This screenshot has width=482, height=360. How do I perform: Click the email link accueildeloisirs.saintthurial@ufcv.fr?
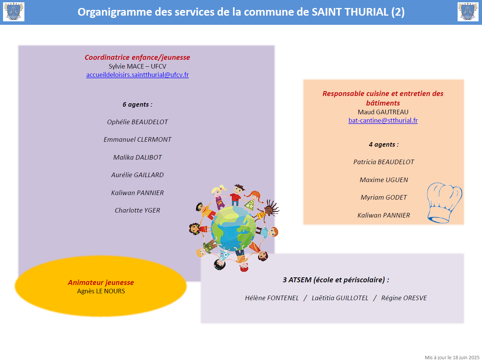click(x=137, y=75)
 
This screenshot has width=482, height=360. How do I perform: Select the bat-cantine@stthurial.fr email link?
click(x=383, y=120)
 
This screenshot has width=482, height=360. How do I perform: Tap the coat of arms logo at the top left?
click(x=14, y=12)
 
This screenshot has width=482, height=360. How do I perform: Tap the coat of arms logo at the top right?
click(x=468, y=12)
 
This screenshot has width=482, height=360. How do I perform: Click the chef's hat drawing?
click(x=444, y=203)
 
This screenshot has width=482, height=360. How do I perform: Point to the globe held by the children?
click(x=233, y=228)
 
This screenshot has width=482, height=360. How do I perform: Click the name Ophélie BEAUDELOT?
click(x=137, y=122)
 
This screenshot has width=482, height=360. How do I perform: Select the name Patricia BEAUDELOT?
click(x=384, y=162)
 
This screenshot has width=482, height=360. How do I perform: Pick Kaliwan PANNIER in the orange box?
click(x=384, y=215)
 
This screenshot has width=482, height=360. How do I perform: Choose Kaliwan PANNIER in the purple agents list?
click(x=137, y=193)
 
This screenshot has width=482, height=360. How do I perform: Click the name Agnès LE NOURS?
click(x=101, y=291)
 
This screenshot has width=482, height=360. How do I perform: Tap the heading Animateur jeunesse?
click(x=101, y=283)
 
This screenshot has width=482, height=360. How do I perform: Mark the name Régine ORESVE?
click(x=404, y=298)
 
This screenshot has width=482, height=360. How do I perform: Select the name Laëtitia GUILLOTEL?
click(x=340, y=298)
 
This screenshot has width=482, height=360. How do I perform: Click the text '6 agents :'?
click(x=137, y=104)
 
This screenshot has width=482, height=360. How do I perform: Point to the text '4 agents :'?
click(x=384, y=144)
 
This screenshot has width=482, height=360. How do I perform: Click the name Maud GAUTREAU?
click(x=383, y=112)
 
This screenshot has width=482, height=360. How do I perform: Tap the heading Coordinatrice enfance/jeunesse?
click(x=137, y=58)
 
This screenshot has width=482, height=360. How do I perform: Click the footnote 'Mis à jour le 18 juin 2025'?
click(x=452, y=357)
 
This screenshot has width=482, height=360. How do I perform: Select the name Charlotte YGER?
click(x=137, y=210)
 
